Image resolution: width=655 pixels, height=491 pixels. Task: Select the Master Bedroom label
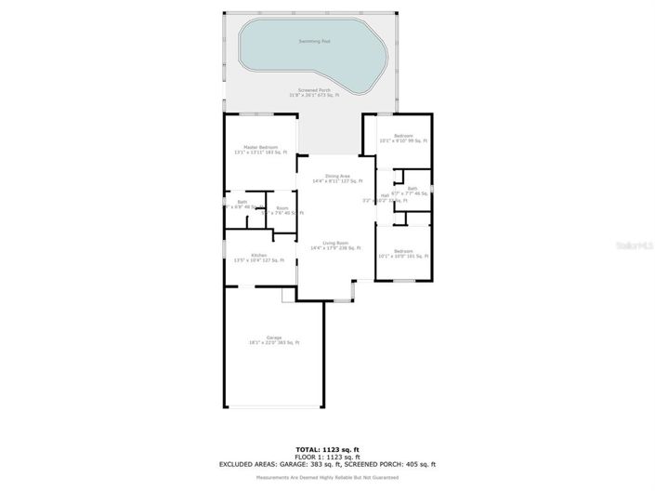(260, 147)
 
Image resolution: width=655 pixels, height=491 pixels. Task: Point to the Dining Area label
(337, 176)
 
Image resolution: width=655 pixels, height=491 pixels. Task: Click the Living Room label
(334, 243)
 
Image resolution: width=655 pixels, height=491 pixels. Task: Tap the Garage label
(274, 338)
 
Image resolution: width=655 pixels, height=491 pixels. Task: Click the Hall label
(385, 195)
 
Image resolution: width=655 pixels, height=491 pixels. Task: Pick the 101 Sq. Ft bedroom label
(402, 253)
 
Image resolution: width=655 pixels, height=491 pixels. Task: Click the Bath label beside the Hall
(413, 189)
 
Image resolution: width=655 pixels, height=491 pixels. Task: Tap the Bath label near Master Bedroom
(242, 202)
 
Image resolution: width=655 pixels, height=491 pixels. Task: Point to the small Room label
(282, 208)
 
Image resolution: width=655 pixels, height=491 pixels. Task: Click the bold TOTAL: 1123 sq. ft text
(326, 449)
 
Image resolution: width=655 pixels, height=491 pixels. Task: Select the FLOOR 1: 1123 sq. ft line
(326, 457)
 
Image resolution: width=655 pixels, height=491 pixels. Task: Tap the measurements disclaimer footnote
(326, 477)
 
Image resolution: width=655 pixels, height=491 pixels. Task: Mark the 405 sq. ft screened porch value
(420, 464)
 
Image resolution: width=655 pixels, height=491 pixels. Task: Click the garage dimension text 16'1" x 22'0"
(265, 343)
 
